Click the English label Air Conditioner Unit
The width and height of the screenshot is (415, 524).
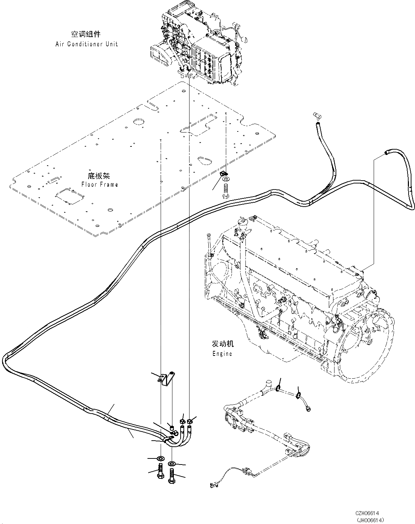point(86,44)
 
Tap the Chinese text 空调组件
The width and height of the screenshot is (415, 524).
point(86,35)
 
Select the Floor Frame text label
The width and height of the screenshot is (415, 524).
point(99,184)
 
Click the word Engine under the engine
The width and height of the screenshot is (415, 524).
point(222,353)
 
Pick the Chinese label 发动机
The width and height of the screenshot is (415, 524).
point(223,344)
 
